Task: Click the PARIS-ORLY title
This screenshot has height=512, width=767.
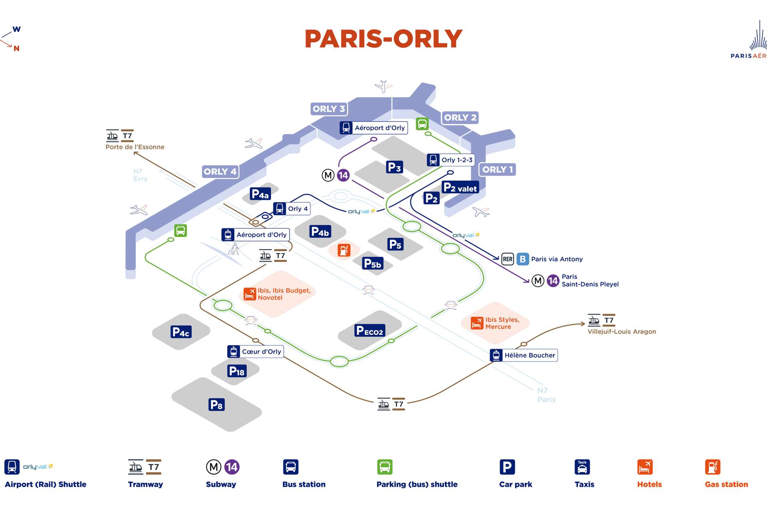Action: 383,39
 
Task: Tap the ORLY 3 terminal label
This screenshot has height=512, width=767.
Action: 328,109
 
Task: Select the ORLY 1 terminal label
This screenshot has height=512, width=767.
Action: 497,170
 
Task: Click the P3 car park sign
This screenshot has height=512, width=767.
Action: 394,167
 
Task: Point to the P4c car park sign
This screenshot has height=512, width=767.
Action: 181,332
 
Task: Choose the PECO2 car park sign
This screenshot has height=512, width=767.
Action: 370,330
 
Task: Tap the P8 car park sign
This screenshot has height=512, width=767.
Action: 217,404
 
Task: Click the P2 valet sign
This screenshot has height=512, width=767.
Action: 460,188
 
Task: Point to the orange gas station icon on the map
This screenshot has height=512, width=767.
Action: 344,250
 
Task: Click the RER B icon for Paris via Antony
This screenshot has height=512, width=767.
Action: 523,259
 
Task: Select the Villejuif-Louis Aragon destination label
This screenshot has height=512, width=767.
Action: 622,332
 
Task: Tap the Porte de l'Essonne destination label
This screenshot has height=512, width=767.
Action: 135,147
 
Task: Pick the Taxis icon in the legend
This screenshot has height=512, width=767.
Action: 582,467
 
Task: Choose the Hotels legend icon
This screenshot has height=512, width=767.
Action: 645,467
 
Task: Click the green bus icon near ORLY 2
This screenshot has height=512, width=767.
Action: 422,124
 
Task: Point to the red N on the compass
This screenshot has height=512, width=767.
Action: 16,48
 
